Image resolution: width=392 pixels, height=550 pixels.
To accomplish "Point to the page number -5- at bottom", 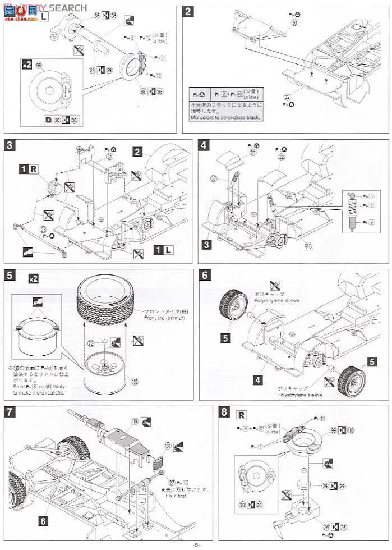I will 196,545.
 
